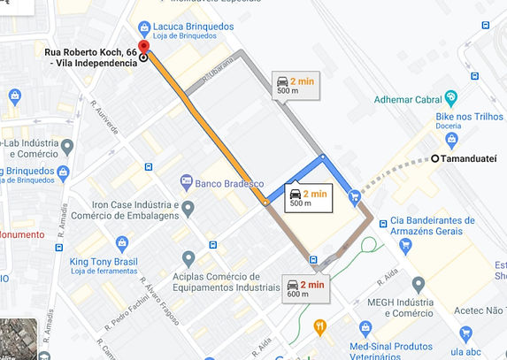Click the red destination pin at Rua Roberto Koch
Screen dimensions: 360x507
pyautogui.click(x=143, y=49)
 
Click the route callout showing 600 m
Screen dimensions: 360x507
pyautogui.click(x=305, y=289)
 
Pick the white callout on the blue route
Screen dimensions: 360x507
pyautogui.click(x=308, y=196)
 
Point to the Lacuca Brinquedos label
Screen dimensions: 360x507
pyautogui.click(x=193, y=27)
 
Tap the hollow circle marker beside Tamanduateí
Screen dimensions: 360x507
pyautogui.click(x=434, y=158)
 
